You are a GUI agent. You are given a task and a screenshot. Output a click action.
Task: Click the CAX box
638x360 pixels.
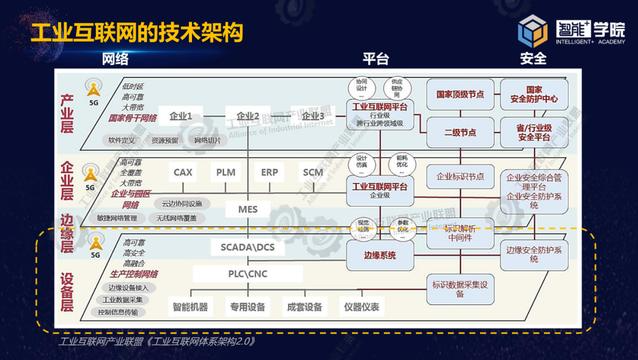(x=183, y=172)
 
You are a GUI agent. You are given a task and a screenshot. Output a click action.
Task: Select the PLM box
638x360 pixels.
(x=226, y=172)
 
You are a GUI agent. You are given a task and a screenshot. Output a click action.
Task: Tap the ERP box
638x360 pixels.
(x=270, y=172)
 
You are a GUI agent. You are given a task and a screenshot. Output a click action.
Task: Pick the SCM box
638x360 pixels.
(x=313, y=172)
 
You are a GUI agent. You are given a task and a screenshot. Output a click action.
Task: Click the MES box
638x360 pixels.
(x=248, y=210)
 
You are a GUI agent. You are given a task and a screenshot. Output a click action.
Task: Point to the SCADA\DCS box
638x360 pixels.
(x=248, y=246)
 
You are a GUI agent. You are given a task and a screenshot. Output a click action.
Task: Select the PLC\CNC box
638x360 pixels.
(x=248, y=273)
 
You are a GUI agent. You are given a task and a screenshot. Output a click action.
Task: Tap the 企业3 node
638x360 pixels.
(x=312, y=116)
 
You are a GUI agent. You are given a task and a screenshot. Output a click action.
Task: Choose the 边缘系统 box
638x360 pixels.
(x=374, y=255)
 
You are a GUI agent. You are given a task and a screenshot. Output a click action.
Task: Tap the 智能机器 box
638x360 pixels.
(x=190, y=307)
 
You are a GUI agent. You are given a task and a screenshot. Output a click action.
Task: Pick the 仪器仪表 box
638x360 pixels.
(x=360, y=307)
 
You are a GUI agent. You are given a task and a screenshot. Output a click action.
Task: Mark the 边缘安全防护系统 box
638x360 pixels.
(x=541, y=252)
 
